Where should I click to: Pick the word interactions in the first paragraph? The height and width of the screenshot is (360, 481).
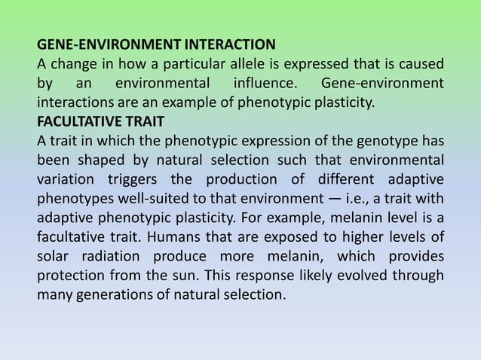tap(74, 100)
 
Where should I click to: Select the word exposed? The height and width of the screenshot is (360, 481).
tap(270, 237)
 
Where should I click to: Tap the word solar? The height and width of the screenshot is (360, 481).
tap(54, 257)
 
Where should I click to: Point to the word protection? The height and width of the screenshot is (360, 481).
tap(72, 276)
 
